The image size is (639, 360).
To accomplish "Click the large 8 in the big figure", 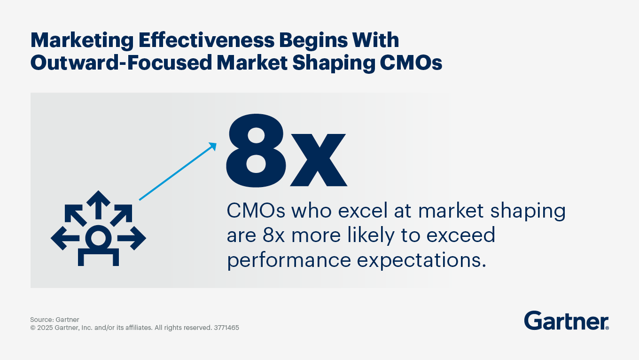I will click(255, 151).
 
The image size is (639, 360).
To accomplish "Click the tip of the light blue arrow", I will click(215, 144).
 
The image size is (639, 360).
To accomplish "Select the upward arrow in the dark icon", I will click(98, 203).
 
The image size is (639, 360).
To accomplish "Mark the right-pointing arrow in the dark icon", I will click(136, 238).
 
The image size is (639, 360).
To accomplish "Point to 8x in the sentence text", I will click(274, 235).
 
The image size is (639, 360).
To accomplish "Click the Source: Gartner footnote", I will click(55, 320).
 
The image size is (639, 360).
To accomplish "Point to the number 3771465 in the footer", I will click(226, 328).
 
